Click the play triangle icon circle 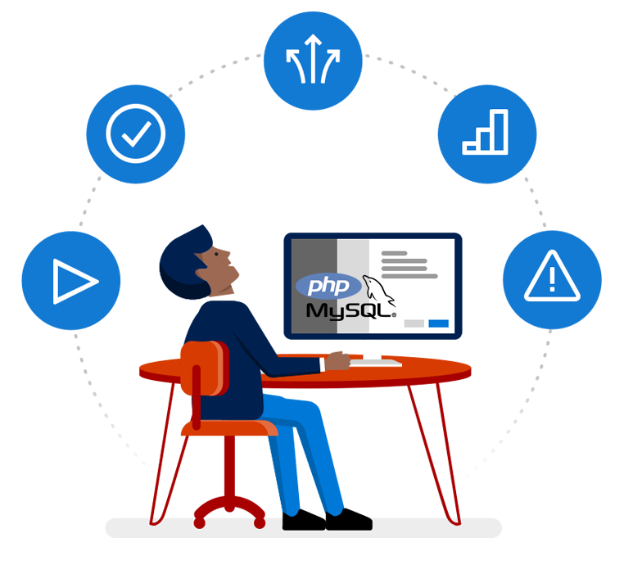click(71, 281)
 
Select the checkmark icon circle click(136, 133)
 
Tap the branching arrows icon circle click(313, 61)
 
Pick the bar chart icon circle click(486, 133)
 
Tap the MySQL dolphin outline click(378, 287)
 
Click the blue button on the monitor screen click(438, 323)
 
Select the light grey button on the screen click(414, 323)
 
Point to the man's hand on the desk click(338, 360)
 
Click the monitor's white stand click(373, 350)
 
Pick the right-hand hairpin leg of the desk click(441, 450)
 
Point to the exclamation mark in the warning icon click(552, 279)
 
